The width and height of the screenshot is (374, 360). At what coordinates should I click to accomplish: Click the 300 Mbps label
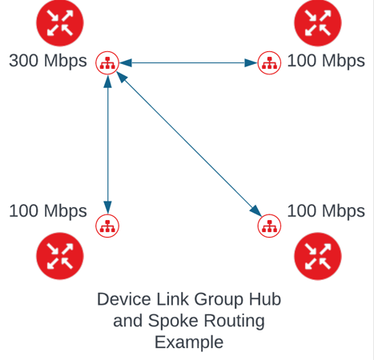click(48, 61)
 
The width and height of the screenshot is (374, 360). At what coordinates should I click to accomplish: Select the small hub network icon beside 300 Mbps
click(107, 63)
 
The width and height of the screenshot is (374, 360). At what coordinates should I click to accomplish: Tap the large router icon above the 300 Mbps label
click(60, 23)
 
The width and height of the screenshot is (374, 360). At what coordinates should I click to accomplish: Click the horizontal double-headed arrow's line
click(188, 63)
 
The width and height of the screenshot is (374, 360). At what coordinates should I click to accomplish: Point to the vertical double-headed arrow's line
click(107, 145)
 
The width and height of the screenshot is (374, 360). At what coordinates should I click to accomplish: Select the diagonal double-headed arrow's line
click(189, 144)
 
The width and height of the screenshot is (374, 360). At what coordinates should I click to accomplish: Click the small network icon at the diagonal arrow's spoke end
click(269, 226)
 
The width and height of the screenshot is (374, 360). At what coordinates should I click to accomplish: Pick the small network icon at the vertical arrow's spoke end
click(107, 226)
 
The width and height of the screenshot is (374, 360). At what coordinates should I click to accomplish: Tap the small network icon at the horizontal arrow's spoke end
click(269, 63)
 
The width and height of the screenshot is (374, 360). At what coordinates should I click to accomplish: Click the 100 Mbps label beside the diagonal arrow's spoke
click(326, 211)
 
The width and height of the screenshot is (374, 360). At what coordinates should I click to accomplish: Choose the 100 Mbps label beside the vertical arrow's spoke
click(48, 211)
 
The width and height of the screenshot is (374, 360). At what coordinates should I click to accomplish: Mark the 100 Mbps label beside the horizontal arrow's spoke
click(326, 61)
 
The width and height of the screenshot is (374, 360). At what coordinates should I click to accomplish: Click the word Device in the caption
click(125, 299)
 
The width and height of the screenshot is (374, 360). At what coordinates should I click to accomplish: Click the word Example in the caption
click(189, 342)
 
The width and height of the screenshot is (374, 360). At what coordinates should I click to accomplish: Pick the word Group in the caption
click(219, 300)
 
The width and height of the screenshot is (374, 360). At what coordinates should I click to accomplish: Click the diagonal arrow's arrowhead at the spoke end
click(256, 211)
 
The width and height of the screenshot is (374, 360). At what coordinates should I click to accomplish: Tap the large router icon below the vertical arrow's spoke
click(60, 256)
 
